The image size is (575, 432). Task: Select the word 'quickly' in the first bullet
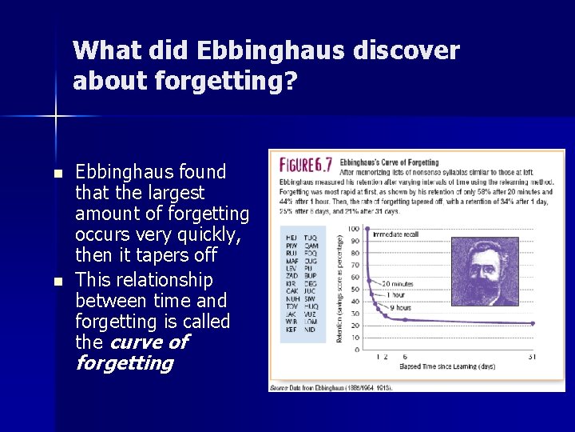click(194, 235)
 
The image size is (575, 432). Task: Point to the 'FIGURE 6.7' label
click(306, 165)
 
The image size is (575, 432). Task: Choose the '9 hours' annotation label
click(402, 307)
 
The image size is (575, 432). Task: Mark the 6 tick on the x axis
click(405, 357)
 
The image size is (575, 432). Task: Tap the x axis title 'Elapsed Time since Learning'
click(447, 368)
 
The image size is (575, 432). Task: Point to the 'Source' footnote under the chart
click(331, 386)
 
